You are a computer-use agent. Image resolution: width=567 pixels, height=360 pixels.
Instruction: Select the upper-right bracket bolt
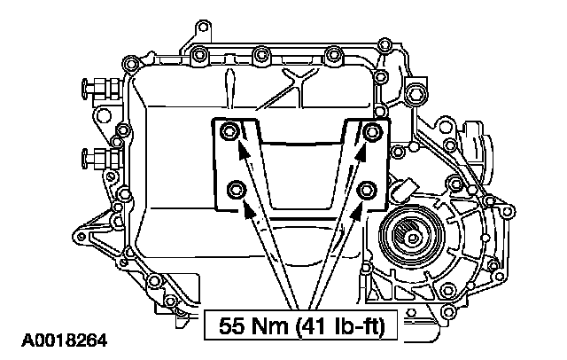[371, 133]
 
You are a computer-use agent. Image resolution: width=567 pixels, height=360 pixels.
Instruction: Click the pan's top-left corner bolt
[130, 64]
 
